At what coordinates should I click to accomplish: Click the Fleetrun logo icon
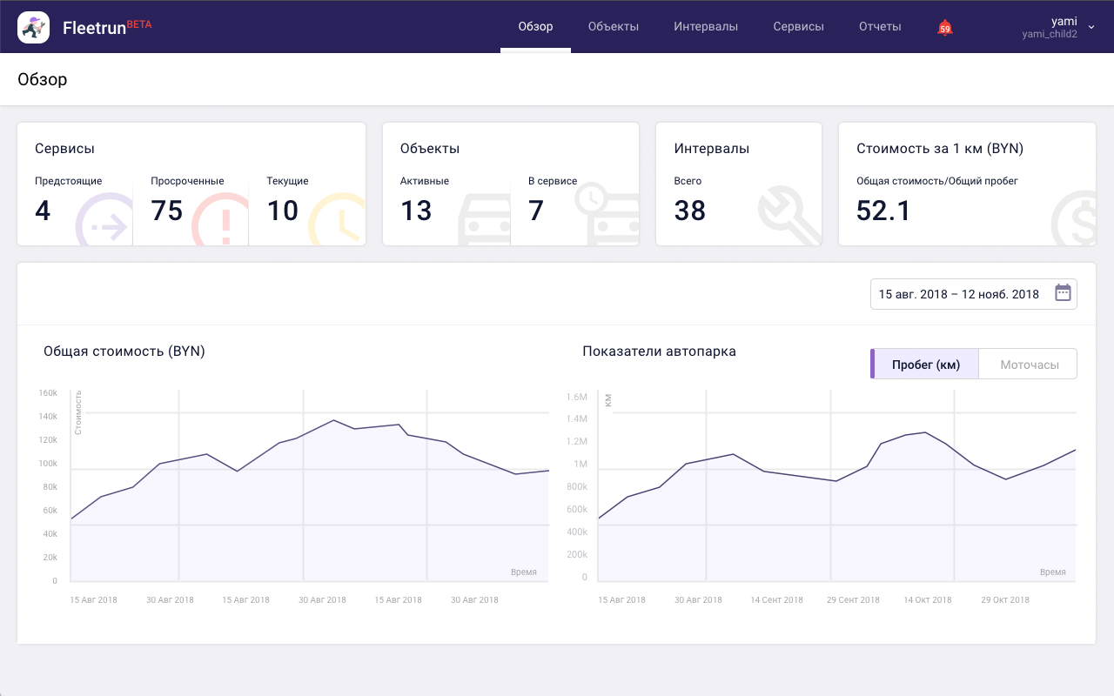(x=33, y=27)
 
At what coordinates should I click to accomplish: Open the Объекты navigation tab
(x=614, y=26)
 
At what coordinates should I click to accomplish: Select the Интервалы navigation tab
(x=706, y=26)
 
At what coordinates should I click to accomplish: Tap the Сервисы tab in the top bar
(x=798, y=26)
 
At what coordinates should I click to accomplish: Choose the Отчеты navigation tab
(x=880, y=26)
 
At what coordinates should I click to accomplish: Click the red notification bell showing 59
(x=945, y=28)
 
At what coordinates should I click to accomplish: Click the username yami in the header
(x=1064, y=21)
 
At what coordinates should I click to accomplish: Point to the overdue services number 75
(x=167, y=211)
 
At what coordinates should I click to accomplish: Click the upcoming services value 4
(x=43, y=211)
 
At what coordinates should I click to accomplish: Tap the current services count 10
(x=283, y=211)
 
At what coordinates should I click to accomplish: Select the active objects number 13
(x=416, y=211)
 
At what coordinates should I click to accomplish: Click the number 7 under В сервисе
(x=536, y=211)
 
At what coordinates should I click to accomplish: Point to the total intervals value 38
(x=690, y=211)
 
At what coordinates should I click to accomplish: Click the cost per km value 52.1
(x=883, y=211)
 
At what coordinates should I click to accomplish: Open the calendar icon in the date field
(x=1063, y=293)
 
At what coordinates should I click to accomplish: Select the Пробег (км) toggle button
(x=925, y=365)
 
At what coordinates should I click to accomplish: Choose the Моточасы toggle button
(x=1030, y=365)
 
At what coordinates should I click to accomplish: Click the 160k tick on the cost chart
(x=48, y=392)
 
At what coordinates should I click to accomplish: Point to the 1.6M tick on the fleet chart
(x=577, y=397)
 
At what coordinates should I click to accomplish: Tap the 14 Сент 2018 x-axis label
(x=776, y=599)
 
